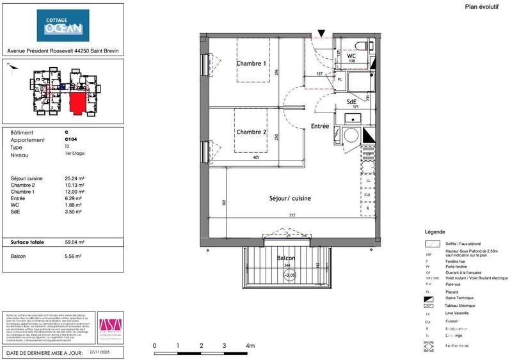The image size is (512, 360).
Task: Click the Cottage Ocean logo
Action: tap(63, 25)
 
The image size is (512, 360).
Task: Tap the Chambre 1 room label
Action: tap(252, 63)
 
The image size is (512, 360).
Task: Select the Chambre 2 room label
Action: tap(252, 132)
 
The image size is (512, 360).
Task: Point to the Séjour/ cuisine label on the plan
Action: tap(290, 199)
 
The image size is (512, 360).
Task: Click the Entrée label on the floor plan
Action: tap(320, 127)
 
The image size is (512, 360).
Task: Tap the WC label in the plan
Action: tap(351, 56)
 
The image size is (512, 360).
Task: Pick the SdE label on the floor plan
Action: tap(352, 102)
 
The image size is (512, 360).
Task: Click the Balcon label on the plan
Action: tap(285, 258)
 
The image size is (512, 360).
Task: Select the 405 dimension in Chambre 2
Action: tap(255, 157)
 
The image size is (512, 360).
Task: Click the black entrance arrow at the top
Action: tap(322, 32)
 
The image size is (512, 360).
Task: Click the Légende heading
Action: tap(435, 231)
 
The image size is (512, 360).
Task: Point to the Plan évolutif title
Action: tap(481, 6)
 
